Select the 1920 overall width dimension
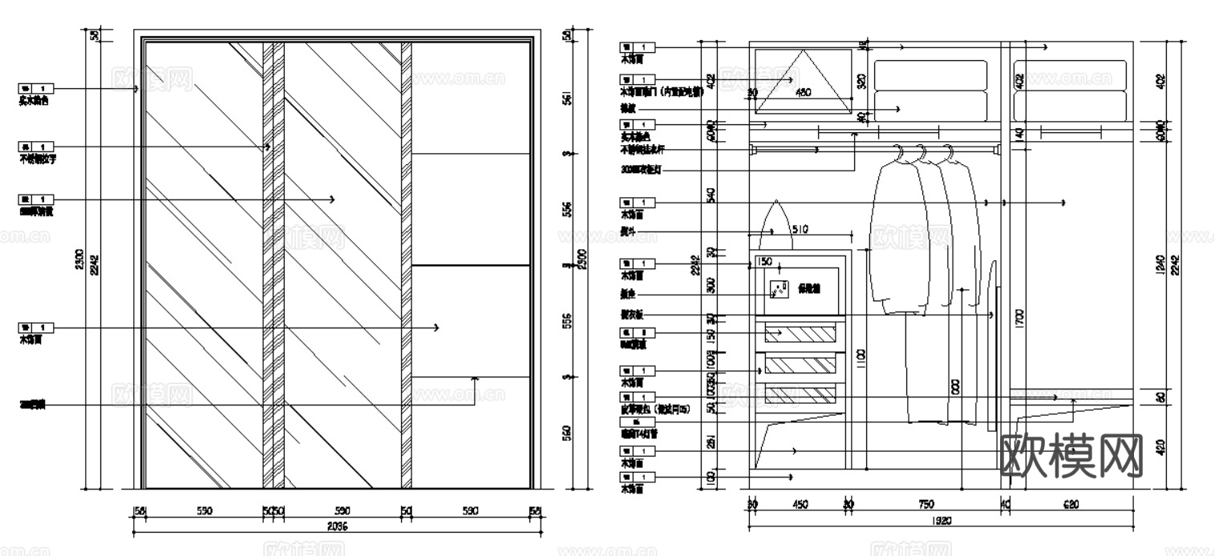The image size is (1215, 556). tap(942, 520)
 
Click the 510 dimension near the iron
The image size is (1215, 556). tap(800, 230)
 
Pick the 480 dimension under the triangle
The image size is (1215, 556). tap(803, 93)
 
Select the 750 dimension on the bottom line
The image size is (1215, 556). tap(925, 505)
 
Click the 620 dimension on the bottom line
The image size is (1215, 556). tap(1071, 505)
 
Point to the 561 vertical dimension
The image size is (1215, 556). tap(567, 99)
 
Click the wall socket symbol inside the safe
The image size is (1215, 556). tap(778, 288)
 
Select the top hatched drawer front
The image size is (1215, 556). tap(800, 332)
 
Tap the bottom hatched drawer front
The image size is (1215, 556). tap(800, 394)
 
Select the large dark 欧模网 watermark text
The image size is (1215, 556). tap(1073, 454)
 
